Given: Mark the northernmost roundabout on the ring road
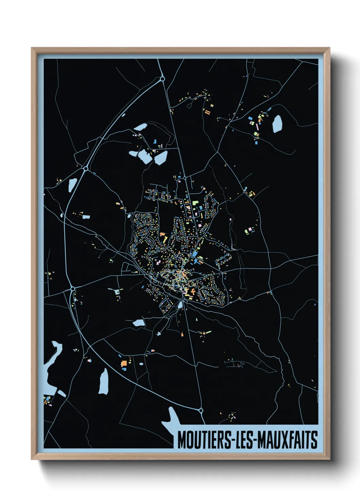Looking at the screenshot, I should point(162,79).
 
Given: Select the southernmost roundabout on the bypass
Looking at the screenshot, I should point(201,410).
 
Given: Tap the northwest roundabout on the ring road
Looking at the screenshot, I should point(86,168).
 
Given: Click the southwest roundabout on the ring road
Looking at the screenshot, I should point(72,288).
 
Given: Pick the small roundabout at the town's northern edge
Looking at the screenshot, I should point(185,177).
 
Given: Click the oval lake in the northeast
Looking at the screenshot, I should point(277,124).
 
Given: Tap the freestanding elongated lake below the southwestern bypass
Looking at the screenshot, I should point(103,381).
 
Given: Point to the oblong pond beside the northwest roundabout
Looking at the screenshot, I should point(72,185).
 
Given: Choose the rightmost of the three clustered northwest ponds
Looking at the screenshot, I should point(161,158).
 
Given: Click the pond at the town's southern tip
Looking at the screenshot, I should point(180,305).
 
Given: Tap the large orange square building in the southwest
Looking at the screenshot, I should point(124,363).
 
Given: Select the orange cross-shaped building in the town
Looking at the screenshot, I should point(193,292).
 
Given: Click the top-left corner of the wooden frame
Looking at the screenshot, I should point(32,48).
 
